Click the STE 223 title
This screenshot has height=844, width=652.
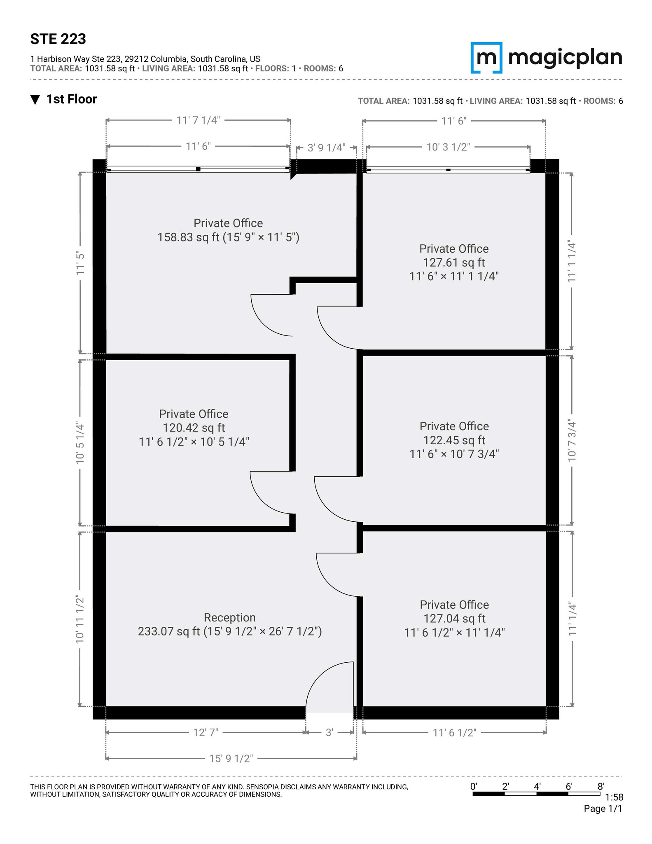(58, 39)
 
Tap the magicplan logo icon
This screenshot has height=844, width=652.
(486, 58)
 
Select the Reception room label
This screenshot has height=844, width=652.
(229, 617)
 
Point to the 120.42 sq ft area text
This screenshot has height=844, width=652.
(194, 428)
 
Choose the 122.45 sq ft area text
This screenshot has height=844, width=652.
(454, 440)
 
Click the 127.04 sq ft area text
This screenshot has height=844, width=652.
(454, 619)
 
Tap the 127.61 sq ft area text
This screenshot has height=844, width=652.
(454, 263)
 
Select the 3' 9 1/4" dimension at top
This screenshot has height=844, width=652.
(326, 148)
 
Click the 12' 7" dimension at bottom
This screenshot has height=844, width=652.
(206, 732)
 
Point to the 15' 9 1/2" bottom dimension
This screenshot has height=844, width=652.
(231, 758)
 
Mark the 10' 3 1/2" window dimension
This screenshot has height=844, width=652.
(448, 147)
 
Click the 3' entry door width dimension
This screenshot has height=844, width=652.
(329, 732)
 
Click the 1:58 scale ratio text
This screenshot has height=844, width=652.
(614, 797)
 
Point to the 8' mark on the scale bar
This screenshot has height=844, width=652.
(601, 786)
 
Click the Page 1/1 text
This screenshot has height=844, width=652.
(603, 809)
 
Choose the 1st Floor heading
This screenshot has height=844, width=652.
(71, 99)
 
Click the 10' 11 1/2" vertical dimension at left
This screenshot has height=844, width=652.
(80, 619)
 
